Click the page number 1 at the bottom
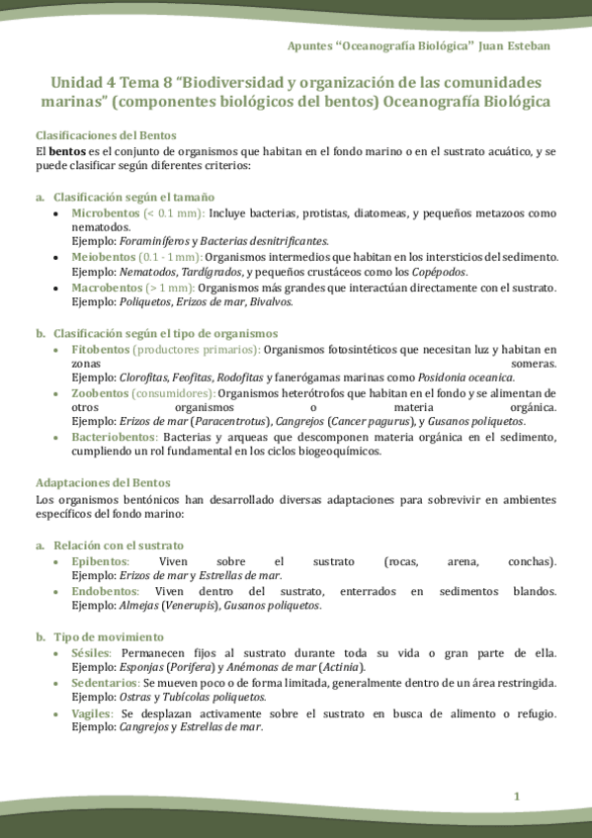click(x=516, y=796)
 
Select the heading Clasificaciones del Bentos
click(x=106, y=134)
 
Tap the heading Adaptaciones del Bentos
click(x=103, y=482)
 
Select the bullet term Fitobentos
click(x=101, y=350)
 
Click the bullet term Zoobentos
click(x=100, y=392)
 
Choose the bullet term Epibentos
click(x=100, y=561)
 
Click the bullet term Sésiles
click(x=92, y=653)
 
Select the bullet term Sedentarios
click(x=106, y=683)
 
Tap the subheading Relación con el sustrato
click(x=118, y=545)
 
